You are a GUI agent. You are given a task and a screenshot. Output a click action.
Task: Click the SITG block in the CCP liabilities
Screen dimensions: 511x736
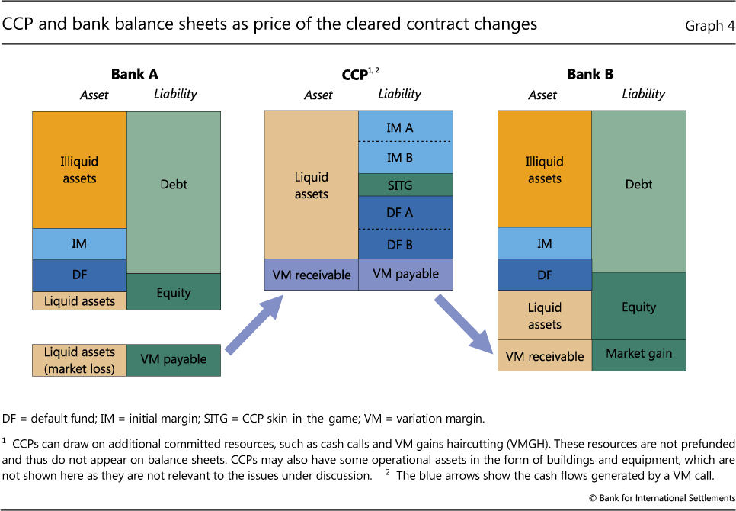405,185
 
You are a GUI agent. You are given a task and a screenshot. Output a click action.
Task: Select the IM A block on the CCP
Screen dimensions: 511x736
405,127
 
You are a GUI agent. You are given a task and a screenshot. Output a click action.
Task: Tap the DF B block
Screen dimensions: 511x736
405,244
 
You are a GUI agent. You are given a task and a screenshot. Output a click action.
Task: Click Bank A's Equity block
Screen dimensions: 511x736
174,292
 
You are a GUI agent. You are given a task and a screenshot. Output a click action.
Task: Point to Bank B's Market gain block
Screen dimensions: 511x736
638,354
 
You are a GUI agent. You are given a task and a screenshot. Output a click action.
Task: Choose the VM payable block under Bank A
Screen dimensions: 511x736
174,360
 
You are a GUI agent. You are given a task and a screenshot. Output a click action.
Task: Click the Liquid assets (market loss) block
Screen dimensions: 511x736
79,360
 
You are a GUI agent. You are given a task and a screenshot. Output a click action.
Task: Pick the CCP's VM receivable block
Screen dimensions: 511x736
311,275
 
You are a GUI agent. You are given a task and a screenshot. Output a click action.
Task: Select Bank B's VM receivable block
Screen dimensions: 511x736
544,356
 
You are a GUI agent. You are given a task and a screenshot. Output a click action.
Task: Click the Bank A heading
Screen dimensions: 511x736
134,74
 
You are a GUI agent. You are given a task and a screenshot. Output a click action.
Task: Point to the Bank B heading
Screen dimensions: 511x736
590,74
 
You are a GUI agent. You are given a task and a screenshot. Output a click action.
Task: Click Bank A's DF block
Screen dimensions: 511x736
79,275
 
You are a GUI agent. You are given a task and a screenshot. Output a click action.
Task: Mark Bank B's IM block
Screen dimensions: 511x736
544,243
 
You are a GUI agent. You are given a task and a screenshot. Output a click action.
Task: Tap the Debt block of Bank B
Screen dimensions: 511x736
638,185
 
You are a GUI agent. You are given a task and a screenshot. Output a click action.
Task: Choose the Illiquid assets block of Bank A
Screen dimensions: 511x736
79,169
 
